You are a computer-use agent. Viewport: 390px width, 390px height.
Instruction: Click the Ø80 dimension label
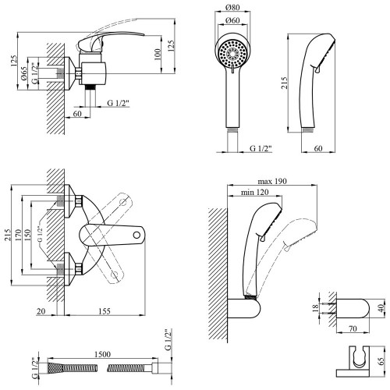[232, 8]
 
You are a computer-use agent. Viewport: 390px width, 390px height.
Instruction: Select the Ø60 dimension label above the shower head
[232, 20]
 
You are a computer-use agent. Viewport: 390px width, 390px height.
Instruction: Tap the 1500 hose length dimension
[102, 354]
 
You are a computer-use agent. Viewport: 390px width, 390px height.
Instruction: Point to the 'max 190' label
[272, 181]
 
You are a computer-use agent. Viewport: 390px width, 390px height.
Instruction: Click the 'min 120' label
[255, 192]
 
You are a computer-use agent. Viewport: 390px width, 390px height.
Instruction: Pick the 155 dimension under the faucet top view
[105, 311]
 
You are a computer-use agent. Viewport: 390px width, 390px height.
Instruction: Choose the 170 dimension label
[18, 235]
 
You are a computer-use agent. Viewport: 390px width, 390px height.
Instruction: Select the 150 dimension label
[27, 235]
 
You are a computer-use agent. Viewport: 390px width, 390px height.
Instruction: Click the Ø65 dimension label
[23, 73]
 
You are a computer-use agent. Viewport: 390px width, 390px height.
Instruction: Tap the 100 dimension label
[158, 55]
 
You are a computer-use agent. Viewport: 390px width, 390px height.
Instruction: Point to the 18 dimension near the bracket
[315, 308]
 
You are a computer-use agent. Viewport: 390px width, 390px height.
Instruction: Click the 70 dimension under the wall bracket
[353, 328]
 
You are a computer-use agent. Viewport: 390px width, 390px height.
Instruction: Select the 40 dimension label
[381, 308]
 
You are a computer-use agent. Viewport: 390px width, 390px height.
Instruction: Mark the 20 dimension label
[41, 311]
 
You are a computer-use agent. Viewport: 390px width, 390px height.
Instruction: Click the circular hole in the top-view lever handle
[136, 235]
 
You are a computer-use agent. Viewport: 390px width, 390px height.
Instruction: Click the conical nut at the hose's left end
[55, 368]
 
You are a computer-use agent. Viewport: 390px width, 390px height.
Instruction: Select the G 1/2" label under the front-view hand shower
[261, 148]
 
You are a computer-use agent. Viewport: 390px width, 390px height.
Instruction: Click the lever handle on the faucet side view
[111, 39]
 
